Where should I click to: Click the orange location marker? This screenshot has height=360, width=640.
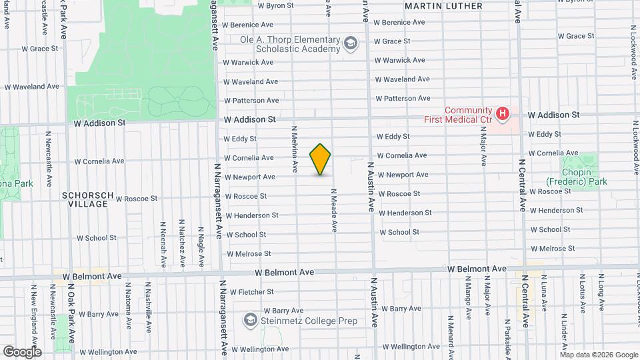click(x=321, y=159)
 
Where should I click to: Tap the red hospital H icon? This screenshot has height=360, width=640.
click(x=503, y=114)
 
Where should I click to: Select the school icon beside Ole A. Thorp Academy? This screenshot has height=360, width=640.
click(x=350, y=45)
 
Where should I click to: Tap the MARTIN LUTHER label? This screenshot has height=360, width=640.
click(x=443, y=6)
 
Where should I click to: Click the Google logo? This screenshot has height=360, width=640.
click(x=22, y=351)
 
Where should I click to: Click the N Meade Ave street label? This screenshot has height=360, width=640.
click(x=334, y=210)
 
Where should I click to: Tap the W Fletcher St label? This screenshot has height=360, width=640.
click(x=251, y=292)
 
